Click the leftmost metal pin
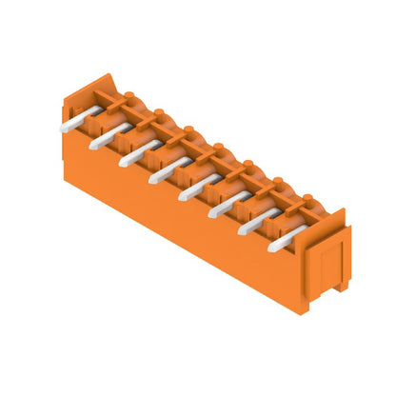coord(75,123)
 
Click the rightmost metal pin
coord(283,244)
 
